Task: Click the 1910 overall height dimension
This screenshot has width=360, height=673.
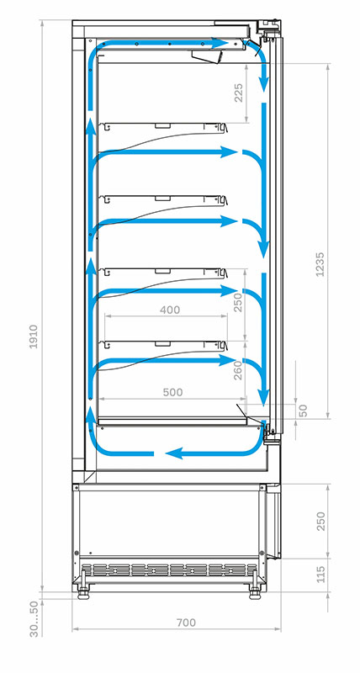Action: pos(34,336)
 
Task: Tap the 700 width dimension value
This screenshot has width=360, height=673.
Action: pos(186,623)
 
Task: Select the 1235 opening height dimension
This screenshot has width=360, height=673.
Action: pos(320,264)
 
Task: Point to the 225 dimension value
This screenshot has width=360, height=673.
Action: pos(238,93)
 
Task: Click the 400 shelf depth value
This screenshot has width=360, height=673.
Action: pos(170,310)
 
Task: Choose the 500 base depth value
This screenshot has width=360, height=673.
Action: pos(173,392)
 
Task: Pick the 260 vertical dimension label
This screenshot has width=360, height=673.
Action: pos(238,370)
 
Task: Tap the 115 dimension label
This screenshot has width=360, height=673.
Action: pos(320,575)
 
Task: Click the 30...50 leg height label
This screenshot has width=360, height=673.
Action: pos(34,619)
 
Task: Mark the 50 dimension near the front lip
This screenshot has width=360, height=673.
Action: pos(303,411)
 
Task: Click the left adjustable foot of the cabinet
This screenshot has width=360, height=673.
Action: pos(83,591)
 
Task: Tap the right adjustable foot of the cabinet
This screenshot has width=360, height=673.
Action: pos(255,591)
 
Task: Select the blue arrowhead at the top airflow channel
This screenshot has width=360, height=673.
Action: pos(220,43)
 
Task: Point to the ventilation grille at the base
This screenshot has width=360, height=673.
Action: pos(170,570)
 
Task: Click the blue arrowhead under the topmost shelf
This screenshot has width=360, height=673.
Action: pos(229,152)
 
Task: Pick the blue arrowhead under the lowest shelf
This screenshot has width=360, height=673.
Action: pos(229,361)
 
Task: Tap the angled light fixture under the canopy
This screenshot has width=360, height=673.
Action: pos(207,56)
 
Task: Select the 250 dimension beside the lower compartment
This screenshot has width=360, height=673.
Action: pos(320,521)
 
